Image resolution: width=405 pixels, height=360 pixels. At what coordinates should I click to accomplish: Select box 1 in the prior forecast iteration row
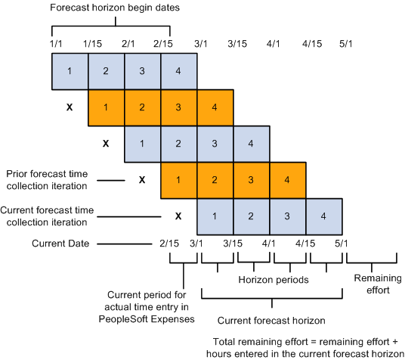click(179, 180)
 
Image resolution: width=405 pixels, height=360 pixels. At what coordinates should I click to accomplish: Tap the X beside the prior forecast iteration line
click(141, 180)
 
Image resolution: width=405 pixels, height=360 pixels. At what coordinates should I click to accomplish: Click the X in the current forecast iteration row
click(178, 216)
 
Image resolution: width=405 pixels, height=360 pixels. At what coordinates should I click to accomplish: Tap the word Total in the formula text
click(227, 340)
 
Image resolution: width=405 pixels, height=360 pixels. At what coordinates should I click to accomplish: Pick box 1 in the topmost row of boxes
click(70, 71)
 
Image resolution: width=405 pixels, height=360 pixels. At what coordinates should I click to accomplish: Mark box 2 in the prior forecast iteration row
click(215, 180)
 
